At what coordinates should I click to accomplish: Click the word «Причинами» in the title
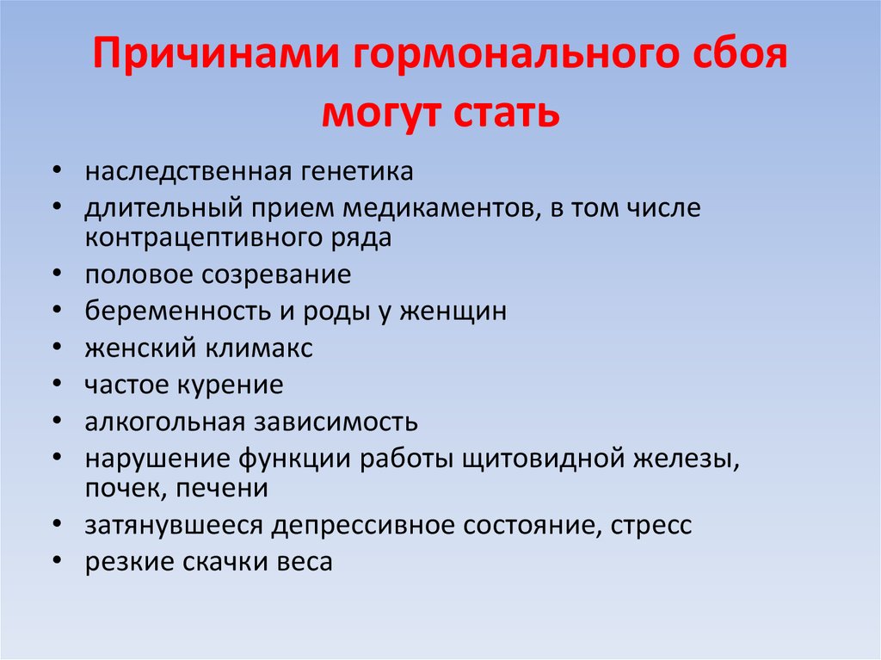pyautogui.click(x=217, y=53)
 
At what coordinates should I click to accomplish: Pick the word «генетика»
pyautogui.click(x=357, y=171)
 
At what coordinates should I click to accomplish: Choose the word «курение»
pyautogui.click(x=231, y=386)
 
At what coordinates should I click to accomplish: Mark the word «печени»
pyautogui.click(x=222, y=488)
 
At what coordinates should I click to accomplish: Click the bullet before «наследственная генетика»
pyautogui.click(x=57, y=170)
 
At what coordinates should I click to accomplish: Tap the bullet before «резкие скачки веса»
pyautogui.click(x=57, y=560)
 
